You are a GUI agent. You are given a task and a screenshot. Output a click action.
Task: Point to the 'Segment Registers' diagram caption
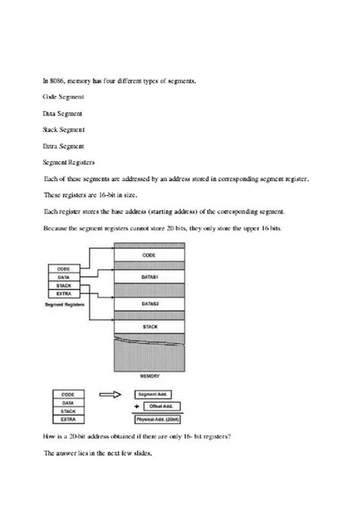coord(65,303)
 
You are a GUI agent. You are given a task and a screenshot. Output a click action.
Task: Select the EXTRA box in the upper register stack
coord(65,293)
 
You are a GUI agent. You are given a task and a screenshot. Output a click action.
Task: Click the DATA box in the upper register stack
coord(65,277)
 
